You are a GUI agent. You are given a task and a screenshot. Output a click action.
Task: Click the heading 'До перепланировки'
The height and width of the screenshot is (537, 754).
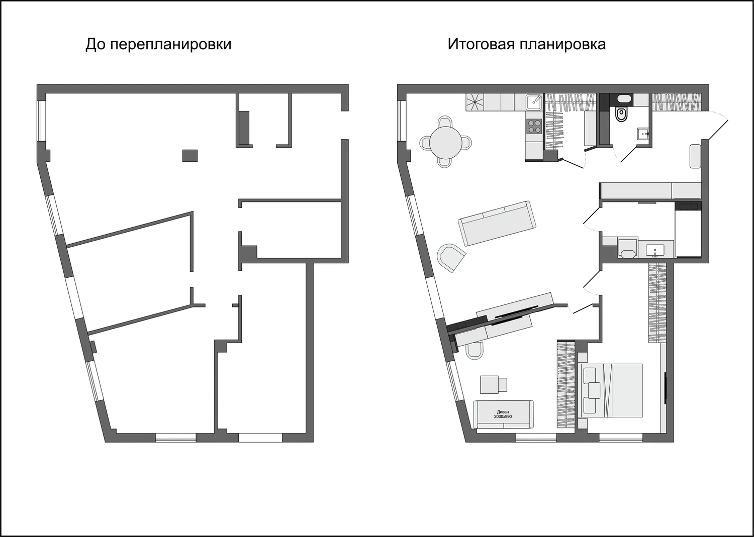tap(158, 44)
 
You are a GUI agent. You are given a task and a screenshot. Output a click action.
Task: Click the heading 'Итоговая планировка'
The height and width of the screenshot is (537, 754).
tap(526, 44)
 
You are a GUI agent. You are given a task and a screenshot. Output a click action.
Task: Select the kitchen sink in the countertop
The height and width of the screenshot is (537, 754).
tap(533, 102)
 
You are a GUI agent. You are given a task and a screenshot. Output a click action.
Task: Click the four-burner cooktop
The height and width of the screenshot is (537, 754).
tap(534, 126)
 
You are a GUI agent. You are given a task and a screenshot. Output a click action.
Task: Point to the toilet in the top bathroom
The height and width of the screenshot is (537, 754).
tap(622, 115)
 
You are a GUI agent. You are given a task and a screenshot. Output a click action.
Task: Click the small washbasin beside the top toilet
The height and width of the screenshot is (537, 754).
tap(643, 133)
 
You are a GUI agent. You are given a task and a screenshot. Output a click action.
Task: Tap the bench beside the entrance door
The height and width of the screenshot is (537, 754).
tap(695, 156)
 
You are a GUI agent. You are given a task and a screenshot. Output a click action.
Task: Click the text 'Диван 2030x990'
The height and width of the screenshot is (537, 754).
tap(503, 414)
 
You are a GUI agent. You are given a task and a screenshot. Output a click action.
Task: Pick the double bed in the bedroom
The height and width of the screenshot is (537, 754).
tap(612, 390)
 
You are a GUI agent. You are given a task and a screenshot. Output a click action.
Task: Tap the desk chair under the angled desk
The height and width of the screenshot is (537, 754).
tap(474, 351)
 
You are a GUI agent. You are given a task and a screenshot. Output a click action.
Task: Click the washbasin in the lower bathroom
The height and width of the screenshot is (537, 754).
tap(654, 250)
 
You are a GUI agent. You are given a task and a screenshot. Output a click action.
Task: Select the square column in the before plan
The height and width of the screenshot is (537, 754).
tap(190, 156)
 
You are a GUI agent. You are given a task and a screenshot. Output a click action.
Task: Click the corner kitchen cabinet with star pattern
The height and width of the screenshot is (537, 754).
tap(475, 102)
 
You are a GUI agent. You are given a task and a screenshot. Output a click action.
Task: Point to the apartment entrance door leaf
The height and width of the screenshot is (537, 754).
tap(716, 127)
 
